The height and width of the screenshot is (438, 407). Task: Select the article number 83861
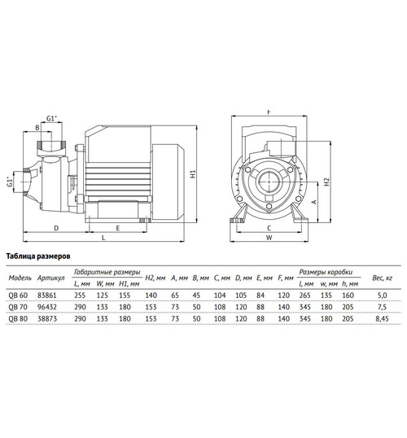click(x=47, y=296)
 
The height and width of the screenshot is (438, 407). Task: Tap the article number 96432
click(x=47, y=308)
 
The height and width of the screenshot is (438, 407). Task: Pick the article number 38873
click(x=47, y=320)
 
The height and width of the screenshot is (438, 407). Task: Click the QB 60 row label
click(x=16, y=296)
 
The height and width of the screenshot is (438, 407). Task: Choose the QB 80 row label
click(x=16, y=320)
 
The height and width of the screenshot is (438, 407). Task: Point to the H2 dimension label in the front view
click(x=326, y=183)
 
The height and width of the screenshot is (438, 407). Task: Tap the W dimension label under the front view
click(x=268, y=239)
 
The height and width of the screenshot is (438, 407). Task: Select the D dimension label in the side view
click(x=55, y=228)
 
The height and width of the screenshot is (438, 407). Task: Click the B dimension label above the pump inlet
click(x=37, y=127)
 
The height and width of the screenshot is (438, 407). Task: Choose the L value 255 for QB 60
click(x=80, y=296)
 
